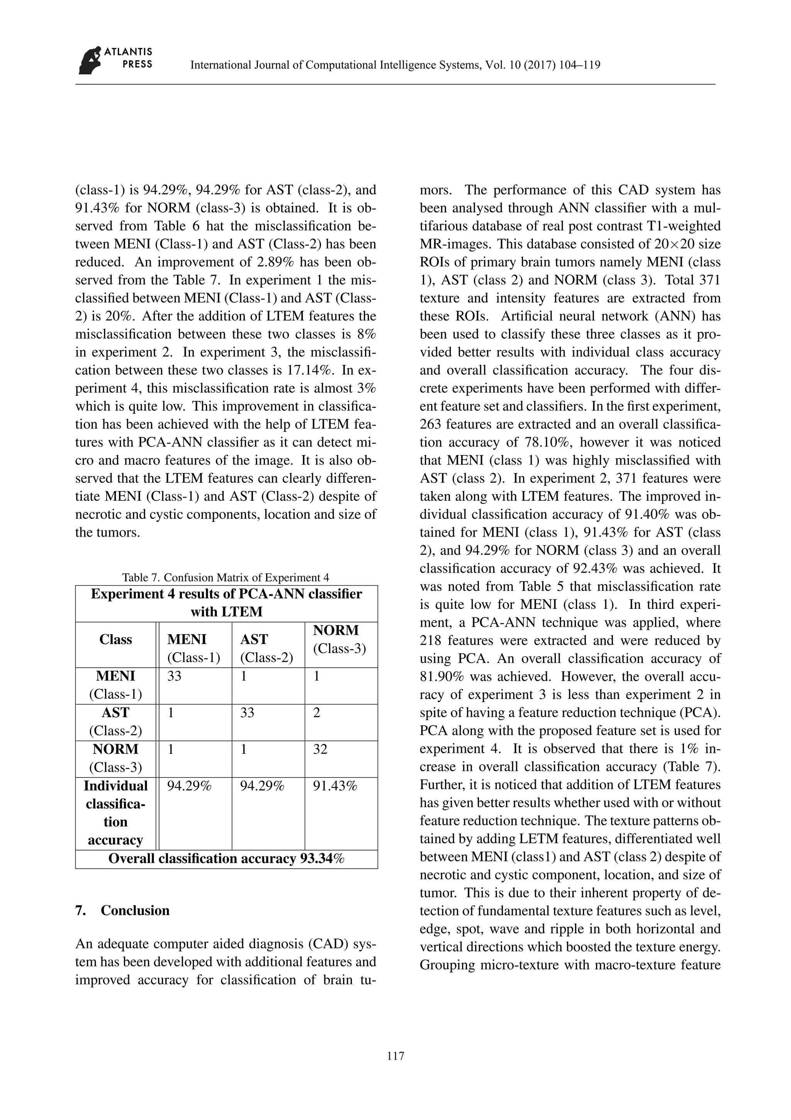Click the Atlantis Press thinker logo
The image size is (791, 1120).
90,60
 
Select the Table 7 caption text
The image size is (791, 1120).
226,578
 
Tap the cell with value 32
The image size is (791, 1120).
320,749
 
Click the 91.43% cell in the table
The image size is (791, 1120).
335,786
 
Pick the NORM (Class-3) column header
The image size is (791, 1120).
340,639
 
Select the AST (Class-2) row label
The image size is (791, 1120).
115,721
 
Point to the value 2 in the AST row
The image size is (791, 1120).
317,713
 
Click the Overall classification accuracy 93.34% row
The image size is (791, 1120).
226,859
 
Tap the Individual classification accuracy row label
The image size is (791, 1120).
115,813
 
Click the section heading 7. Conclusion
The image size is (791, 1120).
123,910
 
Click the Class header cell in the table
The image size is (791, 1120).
115,639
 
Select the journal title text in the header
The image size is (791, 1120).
395,65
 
